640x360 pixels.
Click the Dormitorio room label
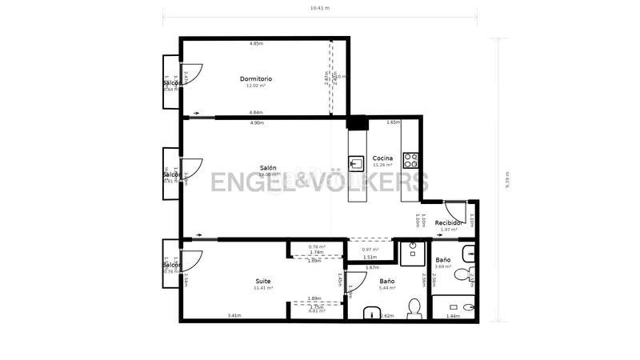(x=256, y=78)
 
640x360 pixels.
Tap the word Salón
(x=268, y=168)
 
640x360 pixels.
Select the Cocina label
(x=382, y=158)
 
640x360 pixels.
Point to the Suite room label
(x=262, y=281)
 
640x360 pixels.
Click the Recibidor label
(x=450, y=222)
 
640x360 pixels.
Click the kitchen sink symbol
(x=357, y=164)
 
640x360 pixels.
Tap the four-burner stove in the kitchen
(x=411, y=159)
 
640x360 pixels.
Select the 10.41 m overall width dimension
(x=319, y=7)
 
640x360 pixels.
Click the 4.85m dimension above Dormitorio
(x=256, y=43)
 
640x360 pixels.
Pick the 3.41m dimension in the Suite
(x=234, y=316)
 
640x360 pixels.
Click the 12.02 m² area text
(x=256, y=86)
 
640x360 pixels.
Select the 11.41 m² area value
(x=263, y=288)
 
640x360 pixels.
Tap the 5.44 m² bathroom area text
(x=387, y=288)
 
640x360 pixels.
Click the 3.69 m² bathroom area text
(x=443, y=267)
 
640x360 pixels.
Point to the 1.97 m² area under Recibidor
(x=449, y=230)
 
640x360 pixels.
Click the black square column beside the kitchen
(x=357, y=123)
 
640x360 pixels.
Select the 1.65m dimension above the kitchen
(x=393, y=122)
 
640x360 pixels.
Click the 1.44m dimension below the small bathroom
(x=453, y=316)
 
